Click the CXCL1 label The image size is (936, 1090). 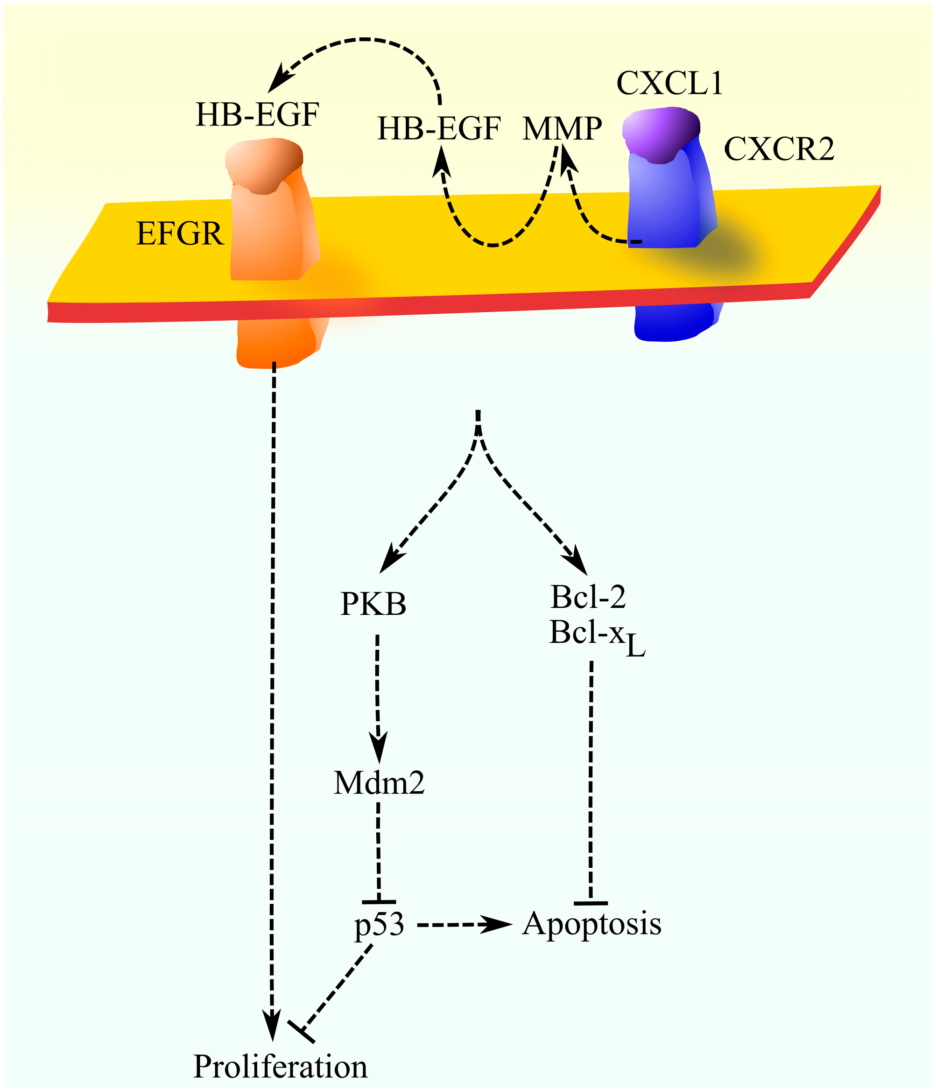coord(669,83)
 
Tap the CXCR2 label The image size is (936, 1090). coord(779,149)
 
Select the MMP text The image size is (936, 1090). coord(562,128)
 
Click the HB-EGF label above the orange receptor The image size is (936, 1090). coord(257,115)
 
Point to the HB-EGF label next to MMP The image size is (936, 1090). coord(439,128)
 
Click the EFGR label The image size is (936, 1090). coord(180,233)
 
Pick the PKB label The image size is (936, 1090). coord(373,604)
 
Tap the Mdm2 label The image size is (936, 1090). coord(379,783)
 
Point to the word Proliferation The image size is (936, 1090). coord(281,1067)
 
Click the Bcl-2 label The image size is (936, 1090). coord(588,597)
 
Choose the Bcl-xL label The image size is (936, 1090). coord(597,634)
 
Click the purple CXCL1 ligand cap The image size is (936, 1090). coord(661,132)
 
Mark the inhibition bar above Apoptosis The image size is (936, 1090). coord(591,903)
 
